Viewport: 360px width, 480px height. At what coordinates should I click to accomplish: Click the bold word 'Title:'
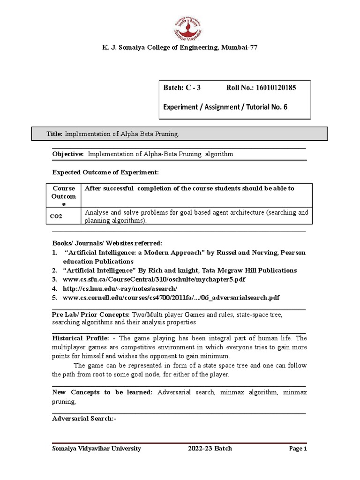(54, 134)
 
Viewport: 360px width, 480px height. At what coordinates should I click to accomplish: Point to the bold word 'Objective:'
(68, 154)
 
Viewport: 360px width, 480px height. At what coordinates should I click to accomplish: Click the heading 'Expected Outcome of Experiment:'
(105, 172)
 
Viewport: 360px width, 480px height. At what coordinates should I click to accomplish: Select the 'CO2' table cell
(57, 217)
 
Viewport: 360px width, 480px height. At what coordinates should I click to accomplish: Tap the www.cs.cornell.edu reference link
(172, 297)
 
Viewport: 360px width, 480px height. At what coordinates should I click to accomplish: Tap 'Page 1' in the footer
(298, 449)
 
